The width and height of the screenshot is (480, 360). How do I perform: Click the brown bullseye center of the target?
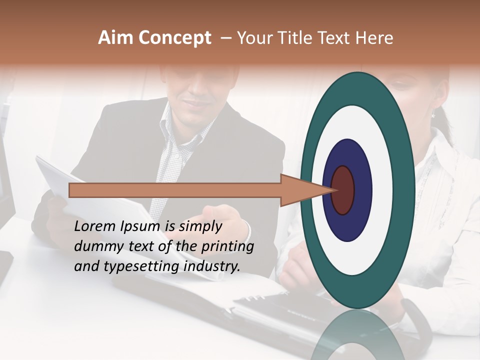pyautogui.click(x=342, y=190)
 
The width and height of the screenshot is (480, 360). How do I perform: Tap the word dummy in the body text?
pyautogui.click(x=97, y=246)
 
